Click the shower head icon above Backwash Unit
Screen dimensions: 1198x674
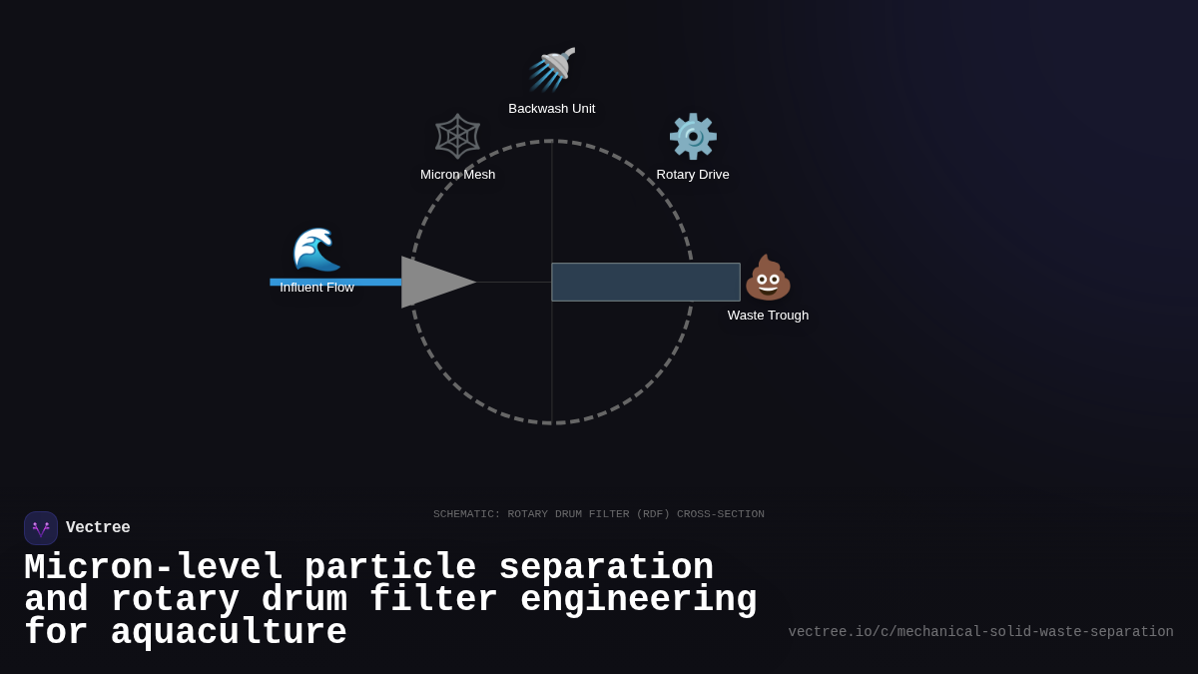(x=552, y=70)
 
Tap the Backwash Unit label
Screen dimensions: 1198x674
(x=552, y=109)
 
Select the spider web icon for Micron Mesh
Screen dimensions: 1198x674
(x=458, y=136)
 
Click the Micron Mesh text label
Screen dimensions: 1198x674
(x=458, y=175)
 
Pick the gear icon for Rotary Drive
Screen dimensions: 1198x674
(x=693, y=137)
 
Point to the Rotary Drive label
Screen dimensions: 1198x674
(x=693, y=175)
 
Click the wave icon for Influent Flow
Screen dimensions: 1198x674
(x=316, y=250)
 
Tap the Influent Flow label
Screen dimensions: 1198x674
(x=316, y=288)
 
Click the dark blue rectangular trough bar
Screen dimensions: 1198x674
(x=646, y=283)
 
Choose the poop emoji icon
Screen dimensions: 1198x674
(x=768, y=278)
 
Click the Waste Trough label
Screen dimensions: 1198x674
(x=768, y=316)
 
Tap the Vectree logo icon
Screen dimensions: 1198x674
(x=41, y=528)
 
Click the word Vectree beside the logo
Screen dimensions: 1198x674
(x=98, y=528)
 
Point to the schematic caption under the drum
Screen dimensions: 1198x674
(x=599, y=514)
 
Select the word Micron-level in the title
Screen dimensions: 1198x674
(x=154, y=568)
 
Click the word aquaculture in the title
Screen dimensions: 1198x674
(x=229, y=633)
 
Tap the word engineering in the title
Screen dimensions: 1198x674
(x=639, y=600)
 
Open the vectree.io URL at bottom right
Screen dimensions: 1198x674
(x=980, y=632)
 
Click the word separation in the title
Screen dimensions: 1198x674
(x=606, y=568)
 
